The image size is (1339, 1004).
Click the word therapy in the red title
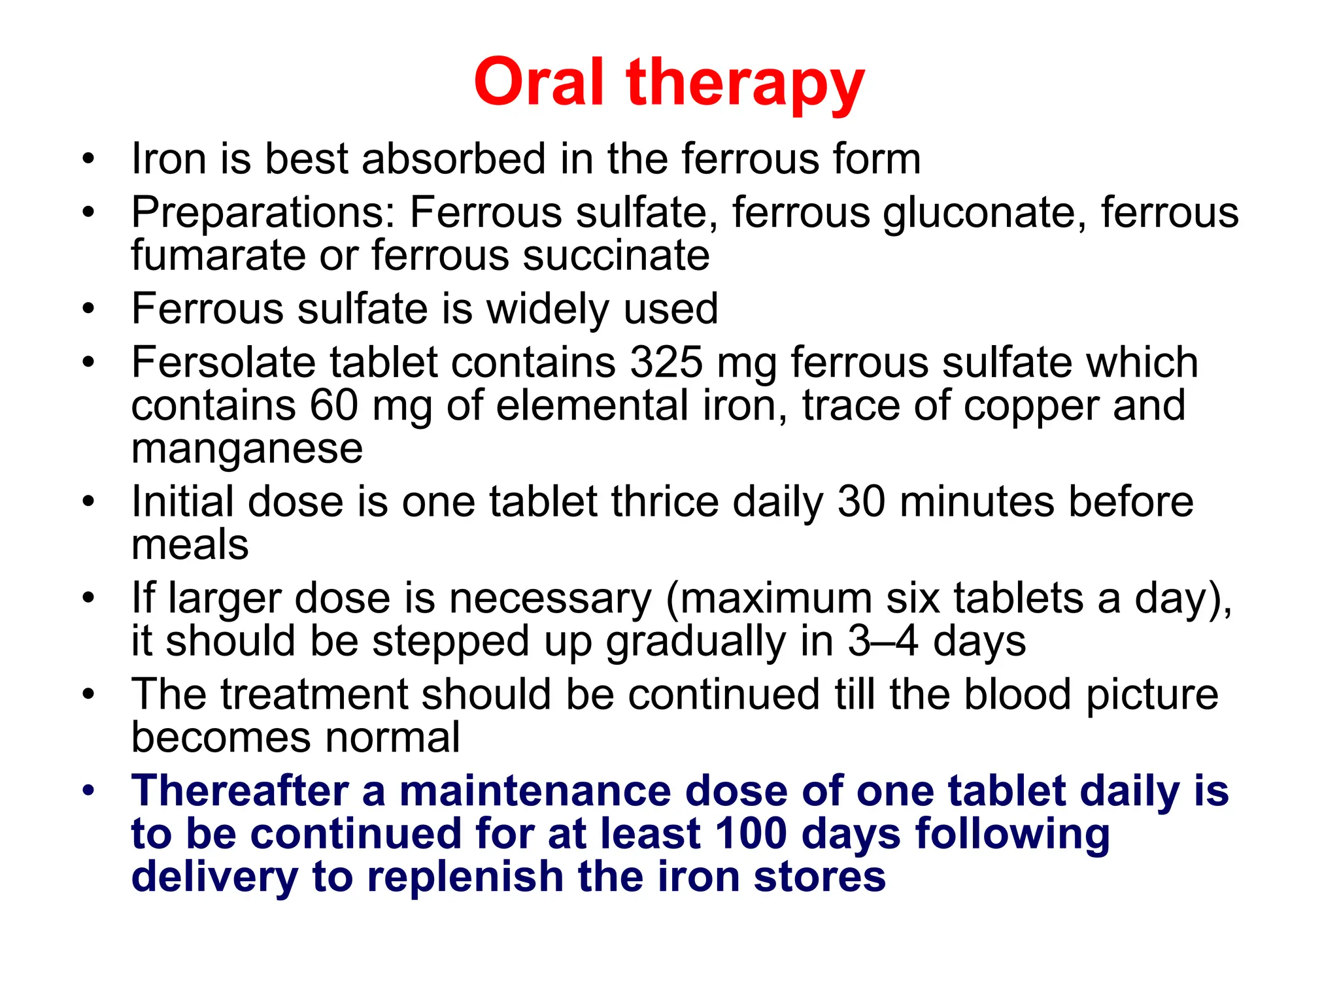tap(745, 85)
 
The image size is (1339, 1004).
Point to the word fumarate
tap(218, 255)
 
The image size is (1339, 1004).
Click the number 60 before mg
tap(333, 405)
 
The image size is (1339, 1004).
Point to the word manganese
tap(246, 449)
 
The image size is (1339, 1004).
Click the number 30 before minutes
tap(861, 502)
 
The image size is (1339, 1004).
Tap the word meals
tap(190, 544)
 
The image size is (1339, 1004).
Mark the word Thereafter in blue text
tap(239, 791)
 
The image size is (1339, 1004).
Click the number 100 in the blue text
tap(751, 834)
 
